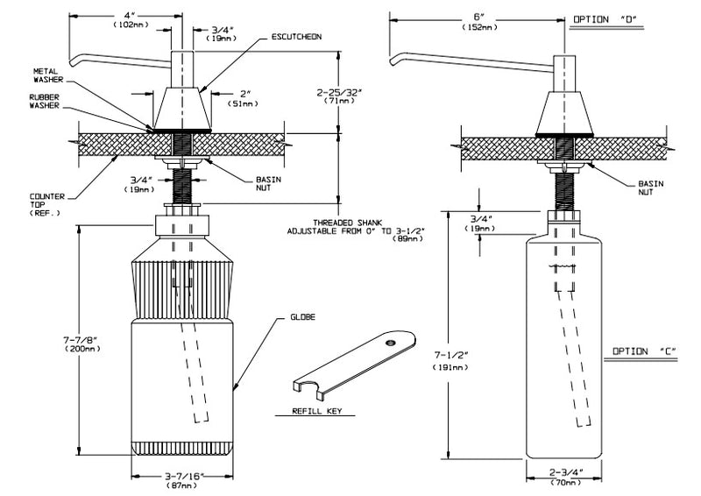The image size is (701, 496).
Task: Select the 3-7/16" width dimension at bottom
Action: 183,479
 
